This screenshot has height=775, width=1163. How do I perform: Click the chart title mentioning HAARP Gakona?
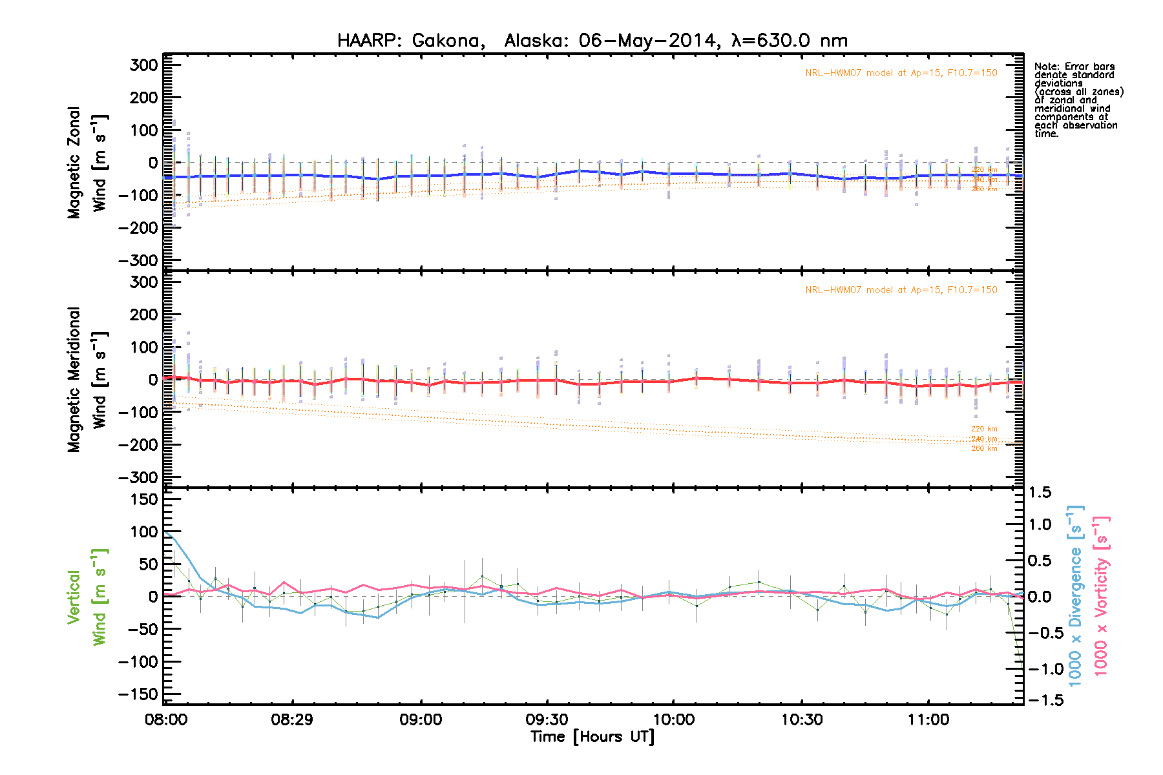(x=592, y=41)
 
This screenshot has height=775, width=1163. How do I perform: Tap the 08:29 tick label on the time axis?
(x=292, y=719)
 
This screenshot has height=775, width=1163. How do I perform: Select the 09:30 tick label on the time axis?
(x=547, y=719)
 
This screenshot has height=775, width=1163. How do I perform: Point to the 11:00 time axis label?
(x=928, y=719)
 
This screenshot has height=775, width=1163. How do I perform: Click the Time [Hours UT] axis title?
(x=592, y=737)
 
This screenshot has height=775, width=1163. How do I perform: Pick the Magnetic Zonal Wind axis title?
(x=88, y=163)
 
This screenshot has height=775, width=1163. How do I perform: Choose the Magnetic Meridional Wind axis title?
(x=88, y=380)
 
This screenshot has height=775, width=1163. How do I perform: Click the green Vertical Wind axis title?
(x=87, y=597)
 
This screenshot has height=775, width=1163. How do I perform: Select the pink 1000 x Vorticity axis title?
(x=1102, y=596)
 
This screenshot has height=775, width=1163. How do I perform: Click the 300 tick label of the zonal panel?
(x=143, y=65)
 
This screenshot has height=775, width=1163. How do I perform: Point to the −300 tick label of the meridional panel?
(x=138, y=477)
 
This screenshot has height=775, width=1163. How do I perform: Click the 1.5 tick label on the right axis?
(x=1040, y=493)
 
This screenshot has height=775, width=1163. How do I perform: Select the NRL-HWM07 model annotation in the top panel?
(x=901, y=73)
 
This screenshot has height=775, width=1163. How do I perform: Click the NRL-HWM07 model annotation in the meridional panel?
(x=901, y=290)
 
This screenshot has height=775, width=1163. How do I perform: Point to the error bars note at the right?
(x=1078, y=100)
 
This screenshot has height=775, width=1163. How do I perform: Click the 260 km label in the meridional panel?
(x=984, y=448)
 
